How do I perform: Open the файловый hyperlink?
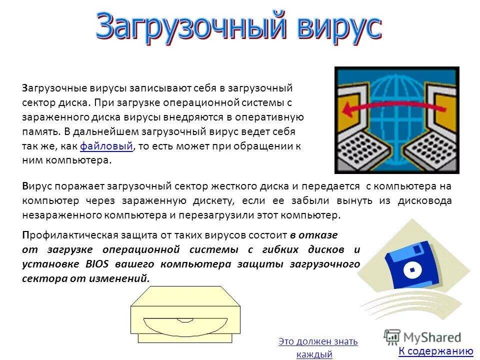[106, 146]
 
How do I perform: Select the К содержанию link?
[435, 351]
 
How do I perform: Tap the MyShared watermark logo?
[423, 336]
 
